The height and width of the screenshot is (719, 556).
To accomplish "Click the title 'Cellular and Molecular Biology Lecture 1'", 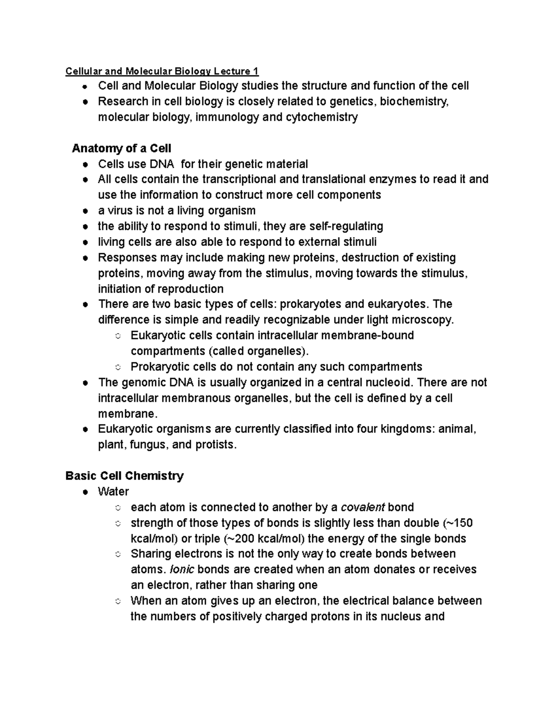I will click(162, 71).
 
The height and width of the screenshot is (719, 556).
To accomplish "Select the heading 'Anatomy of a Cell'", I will click(121, 149).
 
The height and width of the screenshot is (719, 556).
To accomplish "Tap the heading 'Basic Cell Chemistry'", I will click(125, 476).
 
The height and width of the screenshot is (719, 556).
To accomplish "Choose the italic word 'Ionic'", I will click(183, 569).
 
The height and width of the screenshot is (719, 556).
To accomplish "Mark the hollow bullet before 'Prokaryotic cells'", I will click(118, 368).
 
